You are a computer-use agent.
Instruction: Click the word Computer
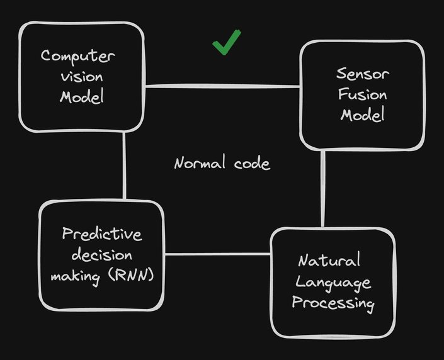(79, 56)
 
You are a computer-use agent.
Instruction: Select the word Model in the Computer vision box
(81, 97)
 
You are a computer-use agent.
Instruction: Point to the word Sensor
(363, 75)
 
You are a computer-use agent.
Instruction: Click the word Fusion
(363, 96)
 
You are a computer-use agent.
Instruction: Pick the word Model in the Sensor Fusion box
(362, 116)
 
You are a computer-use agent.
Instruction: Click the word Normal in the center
(199, 164)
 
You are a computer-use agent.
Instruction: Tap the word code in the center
(250, 164)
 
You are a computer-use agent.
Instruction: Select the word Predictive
(102, 235)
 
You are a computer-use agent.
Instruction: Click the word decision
(101, 256)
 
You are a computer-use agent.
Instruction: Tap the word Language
(333, 283)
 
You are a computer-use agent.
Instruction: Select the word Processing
(333, 304)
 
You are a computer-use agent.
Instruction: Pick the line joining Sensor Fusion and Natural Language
(323, 189)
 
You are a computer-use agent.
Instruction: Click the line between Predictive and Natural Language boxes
(218, 254)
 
